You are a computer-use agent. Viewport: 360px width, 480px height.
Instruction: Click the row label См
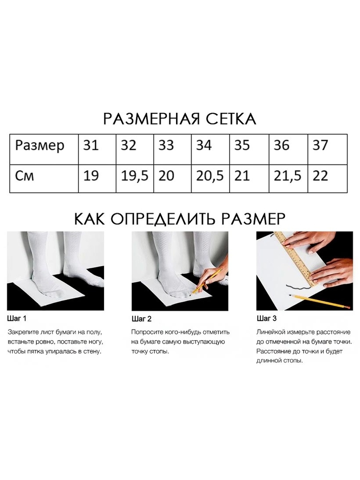tap(24, 176)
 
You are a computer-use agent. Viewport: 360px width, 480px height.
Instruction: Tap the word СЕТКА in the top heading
tap(231, 119)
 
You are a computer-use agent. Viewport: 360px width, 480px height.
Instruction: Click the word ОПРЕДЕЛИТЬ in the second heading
tap(162, 219)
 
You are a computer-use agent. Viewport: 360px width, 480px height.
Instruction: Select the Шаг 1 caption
tap(17, 319)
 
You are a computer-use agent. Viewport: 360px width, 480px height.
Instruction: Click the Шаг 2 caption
tap(142, 319)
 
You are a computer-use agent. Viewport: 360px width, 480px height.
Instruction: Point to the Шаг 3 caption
tap(267, 318)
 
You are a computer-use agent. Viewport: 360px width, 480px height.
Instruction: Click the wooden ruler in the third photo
tap(294, 259)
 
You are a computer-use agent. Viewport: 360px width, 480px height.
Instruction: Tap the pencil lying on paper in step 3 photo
tap(321, 302)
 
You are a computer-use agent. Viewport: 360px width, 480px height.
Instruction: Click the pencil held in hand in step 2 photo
tap(206, 282)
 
